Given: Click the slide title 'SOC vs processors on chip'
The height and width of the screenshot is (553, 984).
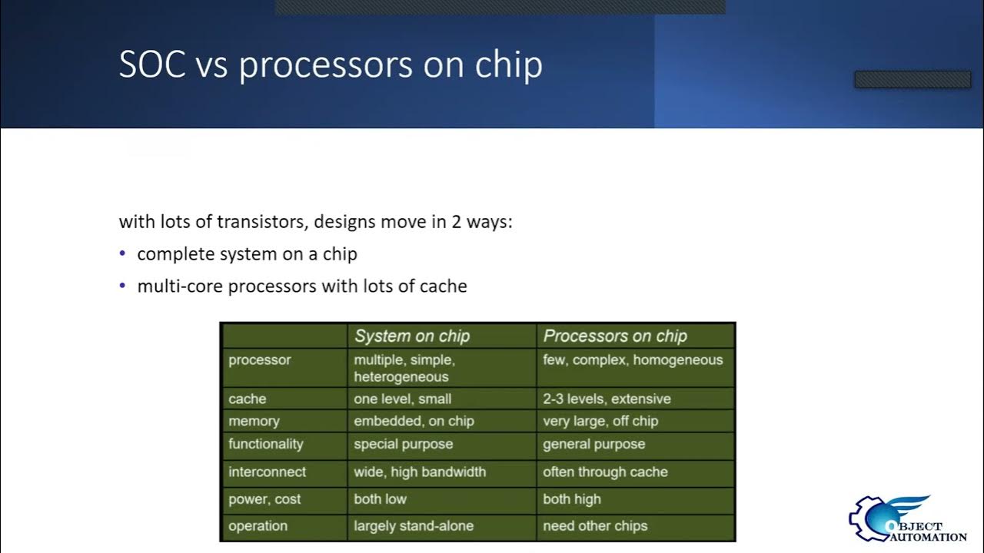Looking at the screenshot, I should tap(331, 65).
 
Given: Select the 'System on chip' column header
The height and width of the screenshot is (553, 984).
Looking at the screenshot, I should tap(411, 336).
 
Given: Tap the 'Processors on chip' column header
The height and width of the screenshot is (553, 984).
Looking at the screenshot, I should tap(615, 336).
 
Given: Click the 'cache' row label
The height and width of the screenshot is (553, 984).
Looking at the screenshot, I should tap(248, 399).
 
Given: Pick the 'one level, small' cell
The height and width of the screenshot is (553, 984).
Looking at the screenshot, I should tap(402, 399).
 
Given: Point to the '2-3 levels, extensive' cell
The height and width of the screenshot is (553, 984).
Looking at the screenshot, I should tap(607, 399).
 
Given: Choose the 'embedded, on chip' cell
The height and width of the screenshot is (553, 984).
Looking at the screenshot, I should tap(414, 421).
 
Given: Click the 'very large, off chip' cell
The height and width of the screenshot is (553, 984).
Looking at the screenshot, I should tap(600, 421).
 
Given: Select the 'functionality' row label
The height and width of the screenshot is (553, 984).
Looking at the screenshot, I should tap(266, 444).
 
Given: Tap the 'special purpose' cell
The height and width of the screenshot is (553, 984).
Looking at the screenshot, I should tap(403, 444).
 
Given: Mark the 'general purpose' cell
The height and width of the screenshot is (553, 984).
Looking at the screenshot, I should tap(593, 444).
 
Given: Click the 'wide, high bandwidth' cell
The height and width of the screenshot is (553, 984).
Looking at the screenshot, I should tap(420, 472).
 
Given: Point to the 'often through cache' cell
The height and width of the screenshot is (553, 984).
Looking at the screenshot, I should tap(605, 472).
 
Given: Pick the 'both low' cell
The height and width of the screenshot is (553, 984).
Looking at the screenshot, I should tap(380, 499).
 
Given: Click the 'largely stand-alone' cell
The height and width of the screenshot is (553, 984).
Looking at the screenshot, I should tap(414, 526).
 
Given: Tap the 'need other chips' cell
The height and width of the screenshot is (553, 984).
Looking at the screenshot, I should tap(595, 526).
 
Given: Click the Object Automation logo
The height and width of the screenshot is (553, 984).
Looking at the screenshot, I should tap(907, 520).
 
